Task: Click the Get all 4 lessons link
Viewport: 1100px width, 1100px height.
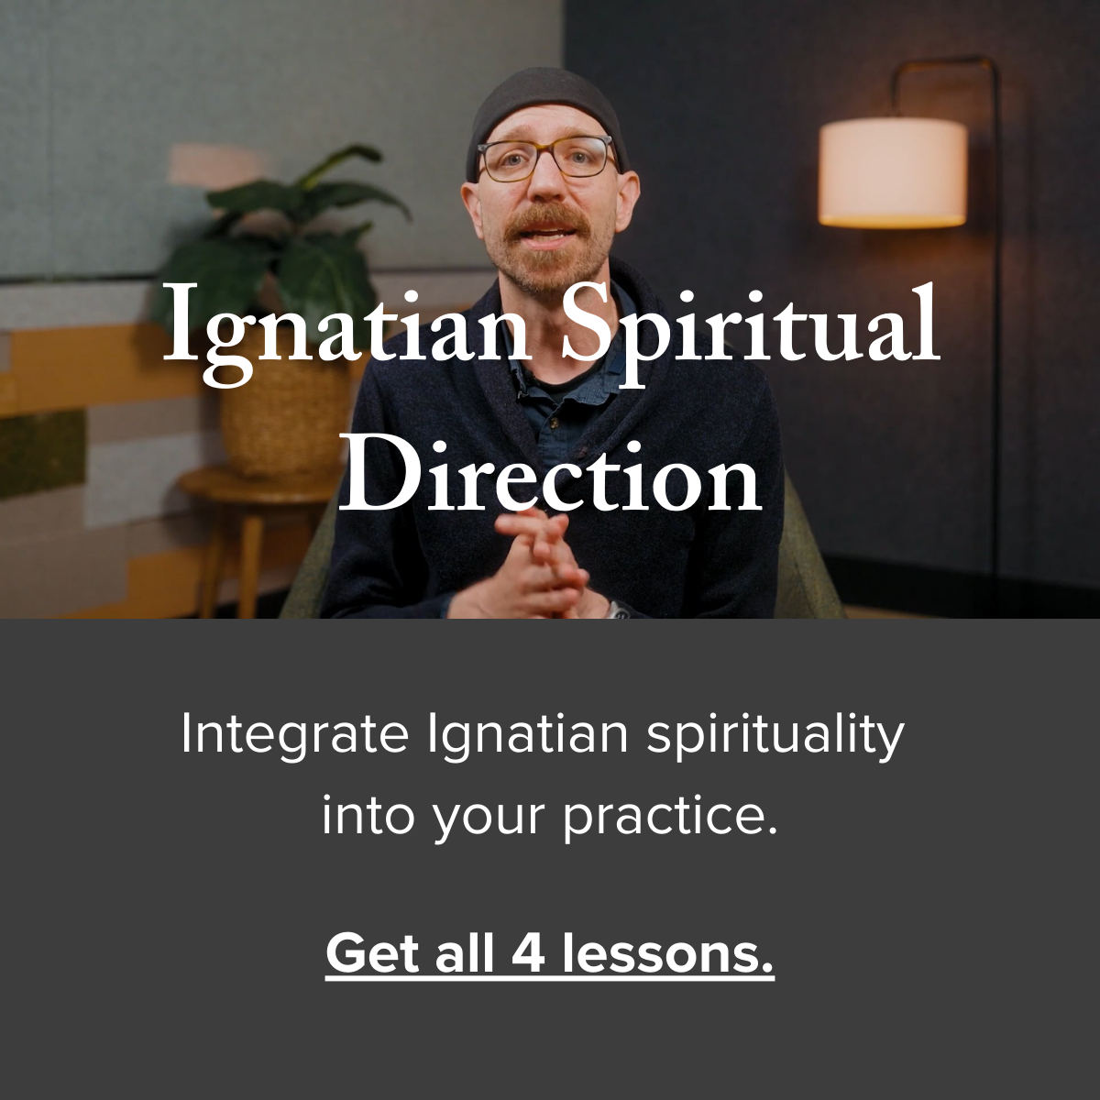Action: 550,953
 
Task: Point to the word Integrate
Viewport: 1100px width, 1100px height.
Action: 294,735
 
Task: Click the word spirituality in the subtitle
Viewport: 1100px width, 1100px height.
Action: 775,735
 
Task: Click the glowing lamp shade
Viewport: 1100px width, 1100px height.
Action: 892,172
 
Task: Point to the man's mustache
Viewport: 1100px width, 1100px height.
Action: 546,220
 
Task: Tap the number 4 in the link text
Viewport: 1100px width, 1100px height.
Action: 528,953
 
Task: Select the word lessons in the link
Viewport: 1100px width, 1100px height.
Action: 667,953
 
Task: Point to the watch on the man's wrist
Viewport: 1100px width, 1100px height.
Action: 618,610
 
